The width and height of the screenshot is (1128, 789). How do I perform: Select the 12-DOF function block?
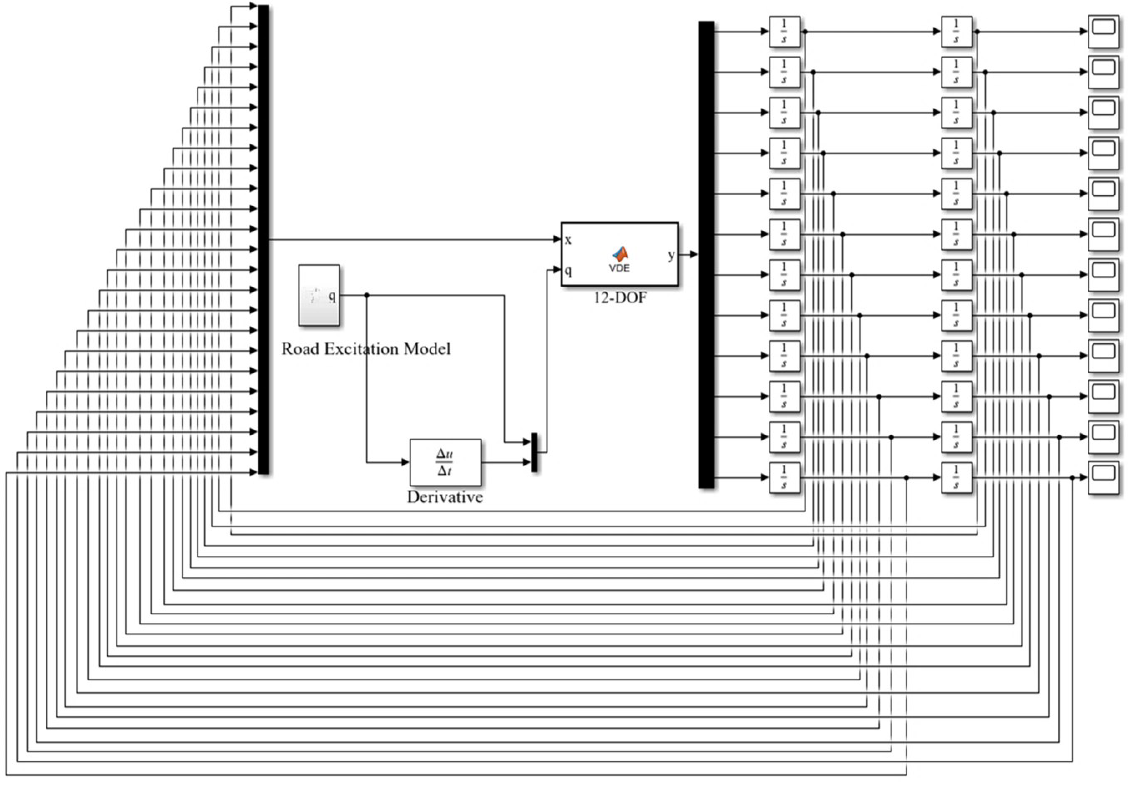pyautogui.click(x=620, y=254)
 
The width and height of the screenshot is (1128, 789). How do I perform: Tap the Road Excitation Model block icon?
pyautogui.click(x=319, y=295)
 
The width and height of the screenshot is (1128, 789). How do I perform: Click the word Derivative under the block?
pyautogui.click(x=445, y=497)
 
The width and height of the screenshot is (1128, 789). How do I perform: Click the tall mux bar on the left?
pyautogui.click(x=263, y=239)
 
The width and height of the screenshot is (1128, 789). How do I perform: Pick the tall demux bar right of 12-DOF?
pyautogui.click(x=706, y=254)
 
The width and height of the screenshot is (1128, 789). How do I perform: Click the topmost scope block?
pyautogui.click(x=1104, y=31)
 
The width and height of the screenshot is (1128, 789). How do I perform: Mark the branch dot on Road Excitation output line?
pyautogui.click(x=366, y=295)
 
